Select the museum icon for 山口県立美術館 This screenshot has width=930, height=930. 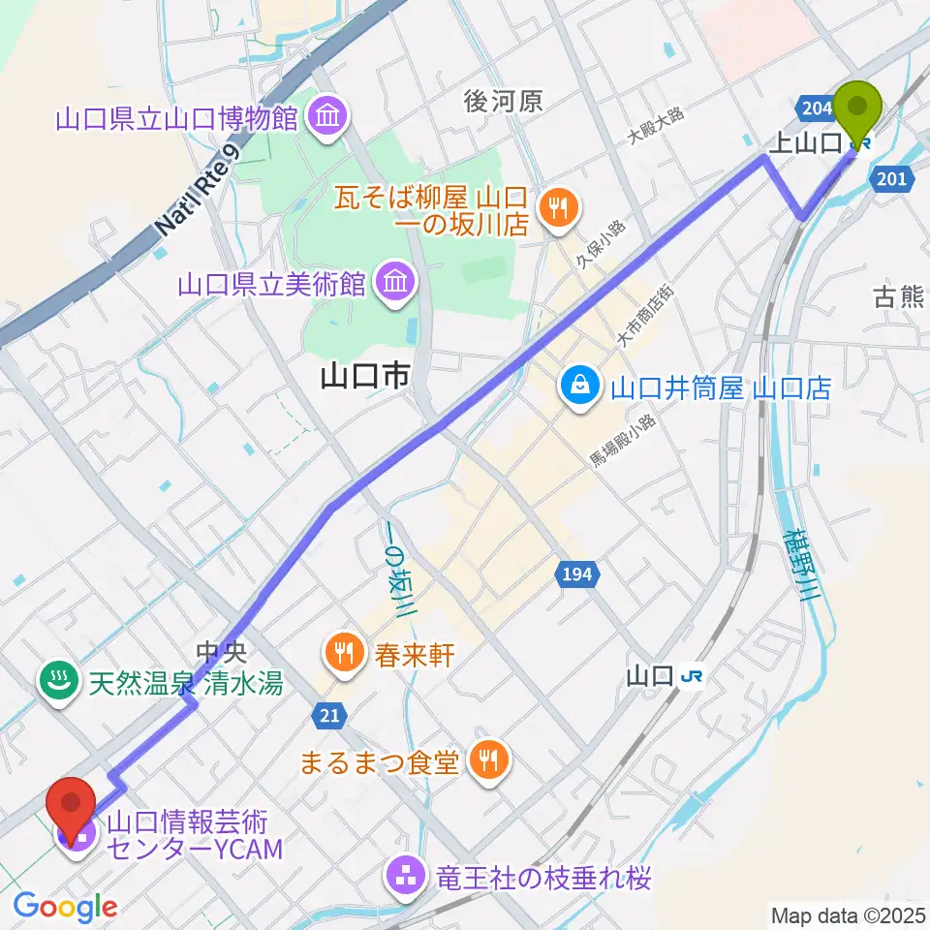click(x=395, y=284)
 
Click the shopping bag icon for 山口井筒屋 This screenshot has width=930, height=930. click(x=579, y=387)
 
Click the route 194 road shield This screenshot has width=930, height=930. click(x=574, y=574)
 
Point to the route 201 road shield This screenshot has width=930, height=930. click(x=889, y=177)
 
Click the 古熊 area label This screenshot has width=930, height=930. click(x=898, y=297)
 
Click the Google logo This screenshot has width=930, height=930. click(x=65, y=907)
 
